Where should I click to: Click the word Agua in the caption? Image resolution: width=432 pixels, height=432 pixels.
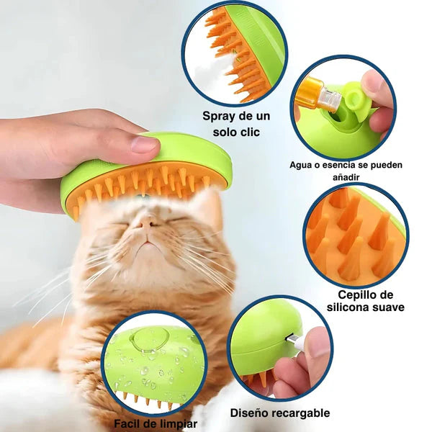point(302,165)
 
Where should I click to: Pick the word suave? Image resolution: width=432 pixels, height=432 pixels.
point(387,307)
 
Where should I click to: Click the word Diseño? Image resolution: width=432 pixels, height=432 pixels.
point(252,413)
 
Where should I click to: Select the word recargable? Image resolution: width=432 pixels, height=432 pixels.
point(302,413)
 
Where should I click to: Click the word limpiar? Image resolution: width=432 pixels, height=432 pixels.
point(176,423)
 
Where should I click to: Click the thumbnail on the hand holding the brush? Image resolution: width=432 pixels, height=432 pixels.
point(143,144)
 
